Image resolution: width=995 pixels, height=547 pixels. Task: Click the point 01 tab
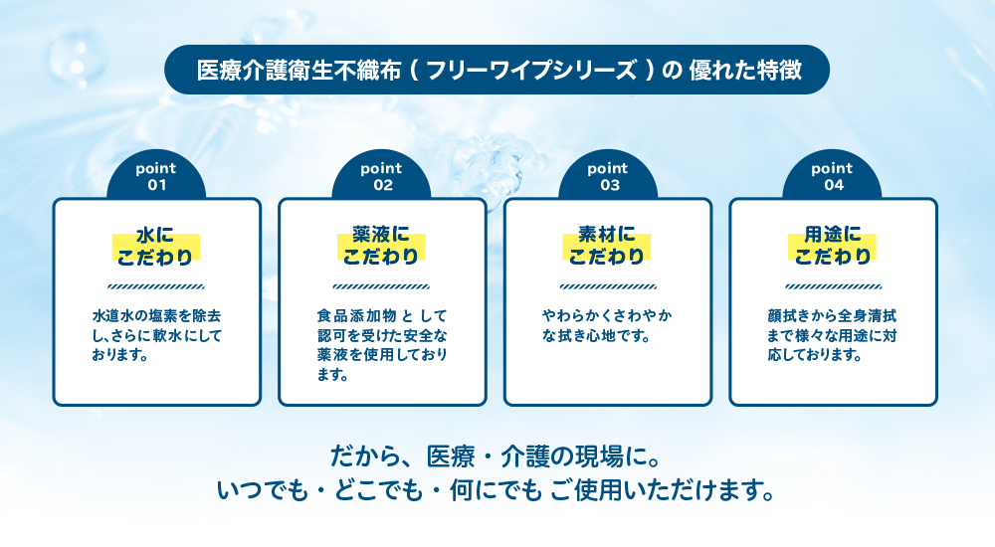(156, 175)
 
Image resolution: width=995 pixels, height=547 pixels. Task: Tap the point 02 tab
(381, 175)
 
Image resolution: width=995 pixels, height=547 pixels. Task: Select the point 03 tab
(608, 175)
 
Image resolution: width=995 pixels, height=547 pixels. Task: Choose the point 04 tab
(833, 175)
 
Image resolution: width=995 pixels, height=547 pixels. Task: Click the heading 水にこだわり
(155, 247)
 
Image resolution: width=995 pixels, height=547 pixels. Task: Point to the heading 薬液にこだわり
(381, 247)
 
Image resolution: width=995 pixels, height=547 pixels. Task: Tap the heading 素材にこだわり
(607, 247)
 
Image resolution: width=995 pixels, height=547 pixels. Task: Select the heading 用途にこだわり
(833, 247)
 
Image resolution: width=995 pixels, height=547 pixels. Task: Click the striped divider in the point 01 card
(156, 286)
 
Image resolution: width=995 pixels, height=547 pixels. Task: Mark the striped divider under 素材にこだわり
(608, 286)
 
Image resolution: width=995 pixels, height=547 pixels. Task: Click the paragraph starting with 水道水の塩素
(157, 335)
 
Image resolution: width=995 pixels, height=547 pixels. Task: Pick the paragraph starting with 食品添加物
(382, 345)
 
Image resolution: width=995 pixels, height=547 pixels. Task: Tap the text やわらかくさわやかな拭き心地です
(607, 325)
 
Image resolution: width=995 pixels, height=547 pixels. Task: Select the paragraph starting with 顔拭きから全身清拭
(832, 335)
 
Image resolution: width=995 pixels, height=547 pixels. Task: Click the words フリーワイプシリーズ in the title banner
(531, 70)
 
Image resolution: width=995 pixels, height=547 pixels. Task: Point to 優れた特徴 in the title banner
(745, 70)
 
